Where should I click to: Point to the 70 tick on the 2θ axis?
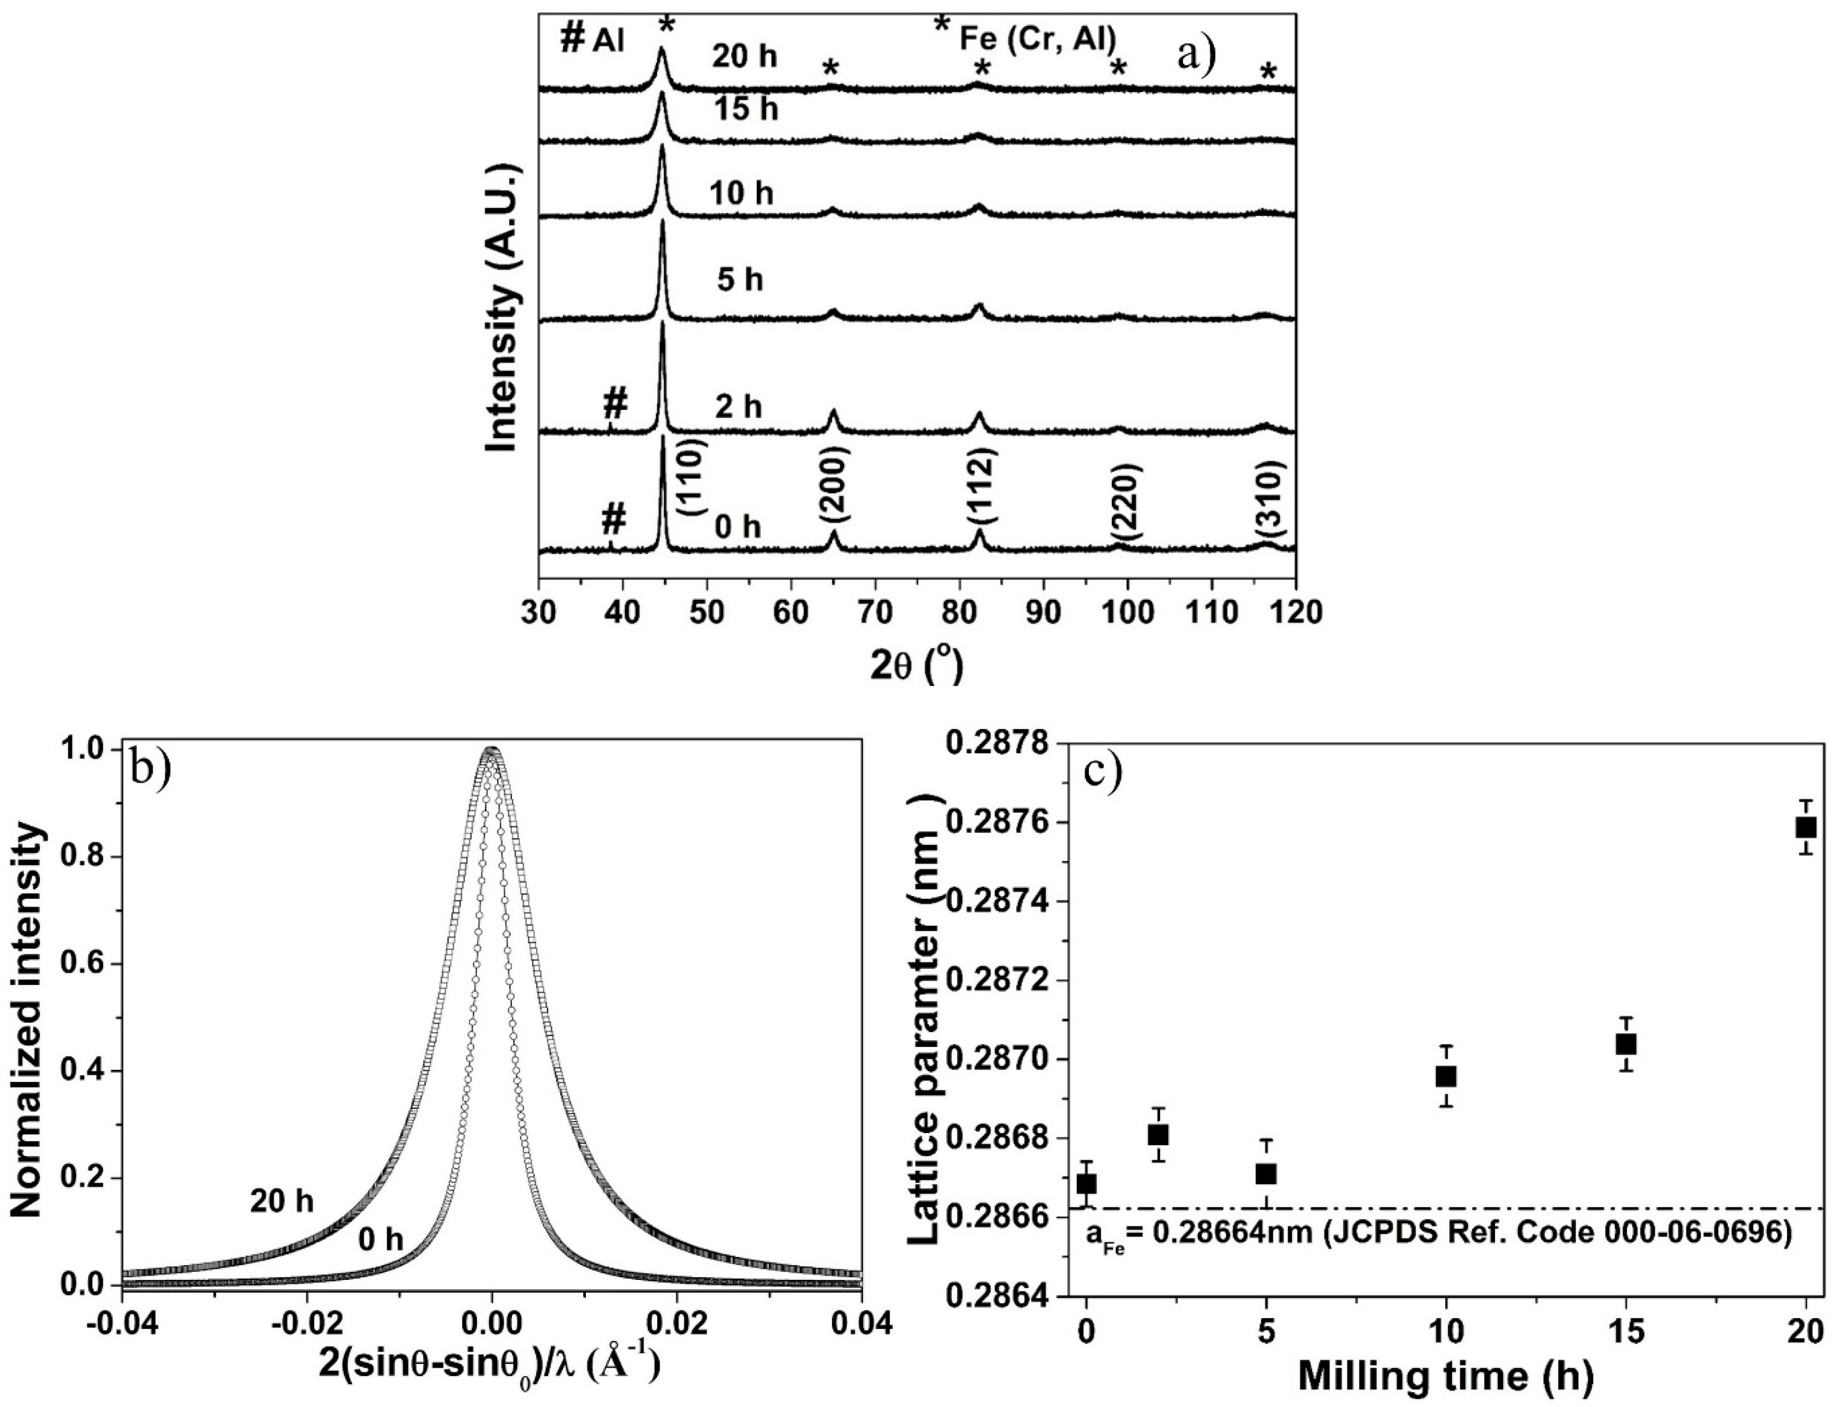[875, 612]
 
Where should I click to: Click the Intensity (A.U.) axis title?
[504, 308]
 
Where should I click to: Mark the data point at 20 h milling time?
[1806, 827]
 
